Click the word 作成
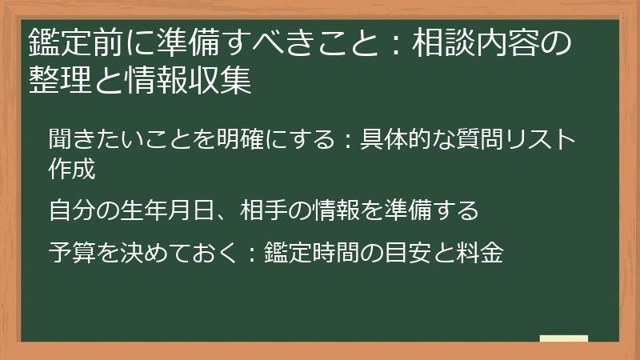point(71,170)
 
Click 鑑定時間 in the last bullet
point(311,253)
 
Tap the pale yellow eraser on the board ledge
point(564,338)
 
